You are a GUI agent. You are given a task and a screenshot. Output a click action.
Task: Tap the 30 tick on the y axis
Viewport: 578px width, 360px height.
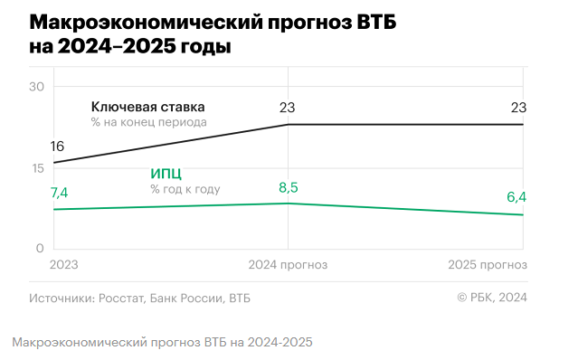37,87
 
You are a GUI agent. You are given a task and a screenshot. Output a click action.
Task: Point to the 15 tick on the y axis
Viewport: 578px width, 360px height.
37,168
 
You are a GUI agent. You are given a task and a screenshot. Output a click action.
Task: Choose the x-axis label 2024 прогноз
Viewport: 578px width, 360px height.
288,265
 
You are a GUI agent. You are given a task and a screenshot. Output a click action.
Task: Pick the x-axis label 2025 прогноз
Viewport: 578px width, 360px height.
488,265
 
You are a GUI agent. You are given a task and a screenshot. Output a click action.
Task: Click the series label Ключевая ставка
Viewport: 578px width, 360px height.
147,107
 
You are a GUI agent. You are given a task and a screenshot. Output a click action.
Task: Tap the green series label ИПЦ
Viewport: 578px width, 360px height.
165,174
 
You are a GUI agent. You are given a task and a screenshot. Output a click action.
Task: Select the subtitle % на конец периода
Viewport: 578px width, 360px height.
148,122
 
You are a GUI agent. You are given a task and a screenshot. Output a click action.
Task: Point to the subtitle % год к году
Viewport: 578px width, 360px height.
185,189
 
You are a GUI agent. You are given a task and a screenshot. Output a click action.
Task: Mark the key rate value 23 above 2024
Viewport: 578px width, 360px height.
288,109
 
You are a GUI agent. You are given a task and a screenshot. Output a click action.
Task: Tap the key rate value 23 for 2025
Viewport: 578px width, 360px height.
518,109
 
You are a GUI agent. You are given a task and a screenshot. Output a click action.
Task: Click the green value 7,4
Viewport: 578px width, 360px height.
59,192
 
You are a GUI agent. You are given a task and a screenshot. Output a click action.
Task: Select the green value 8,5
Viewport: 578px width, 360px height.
288,187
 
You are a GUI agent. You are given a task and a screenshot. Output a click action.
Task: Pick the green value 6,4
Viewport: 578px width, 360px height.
516,197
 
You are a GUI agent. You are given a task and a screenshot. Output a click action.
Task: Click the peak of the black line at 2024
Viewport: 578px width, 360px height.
289,124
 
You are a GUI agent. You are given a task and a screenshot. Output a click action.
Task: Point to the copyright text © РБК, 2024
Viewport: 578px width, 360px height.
492,297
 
